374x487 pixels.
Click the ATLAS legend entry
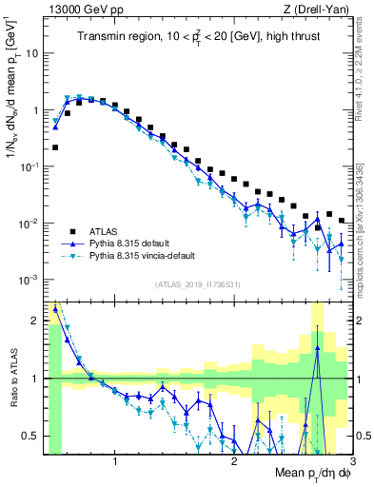[x=106, y=230]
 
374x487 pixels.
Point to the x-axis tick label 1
[x=115, y=463]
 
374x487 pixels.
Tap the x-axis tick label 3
[x=351, y=463]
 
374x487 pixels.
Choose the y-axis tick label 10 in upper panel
[x=31, y=53]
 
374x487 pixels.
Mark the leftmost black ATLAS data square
[x=56, y=147]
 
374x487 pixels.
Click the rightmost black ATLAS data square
[x=342, y=221]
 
